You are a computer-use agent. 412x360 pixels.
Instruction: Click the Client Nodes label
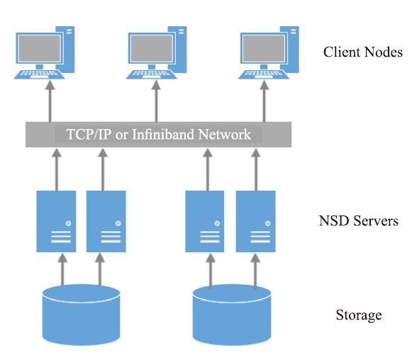(362, 52)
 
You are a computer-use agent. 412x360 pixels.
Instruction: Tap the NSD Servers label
(358, 220)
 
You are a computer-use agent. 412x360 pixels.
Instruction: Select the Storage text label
(359, 315)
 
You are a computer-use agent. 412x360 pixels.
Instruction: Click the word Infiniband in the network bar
(163, 134)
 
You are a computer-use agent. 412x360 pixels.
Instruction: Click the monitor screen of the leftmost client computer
(40, 48)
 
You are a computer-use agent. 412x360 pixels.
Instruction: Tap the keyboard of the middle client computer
(152, 74)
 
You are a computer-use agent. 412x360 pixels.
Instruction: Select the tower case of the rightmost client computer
(289, 50)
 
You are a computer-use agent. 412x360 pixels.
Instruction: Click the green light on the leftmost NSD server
(68, 223)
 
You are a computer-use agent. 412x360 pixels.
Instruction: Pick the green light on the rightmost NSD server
(268, 223)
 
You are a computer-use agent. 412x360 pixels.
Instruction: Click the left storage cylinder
(81, 315)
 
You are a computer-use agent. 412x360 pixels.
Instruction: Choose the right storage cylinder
(232, 315)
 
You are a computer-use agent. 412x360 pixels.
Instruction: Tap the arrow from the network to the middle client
(156, 101)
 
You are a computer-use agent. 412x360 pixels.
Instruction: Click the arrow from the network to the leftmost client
(50, 101)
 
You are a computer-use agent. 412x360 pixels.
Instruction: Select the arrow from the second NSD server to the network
(103, 169)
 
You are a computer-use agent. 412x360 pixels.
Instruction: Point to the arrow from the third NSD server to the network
(208, 169)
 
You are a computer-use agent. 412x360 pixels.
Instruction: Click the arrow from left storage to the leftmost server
(62, 269)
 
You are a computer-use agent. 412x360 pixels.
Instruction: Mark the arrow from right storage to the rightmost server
(255, 271)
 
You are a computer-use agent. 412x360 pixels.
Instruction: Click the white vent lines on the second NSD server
(111, 237)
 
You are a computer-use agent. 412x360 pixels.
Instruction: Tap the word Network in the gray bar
(224, 134)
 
